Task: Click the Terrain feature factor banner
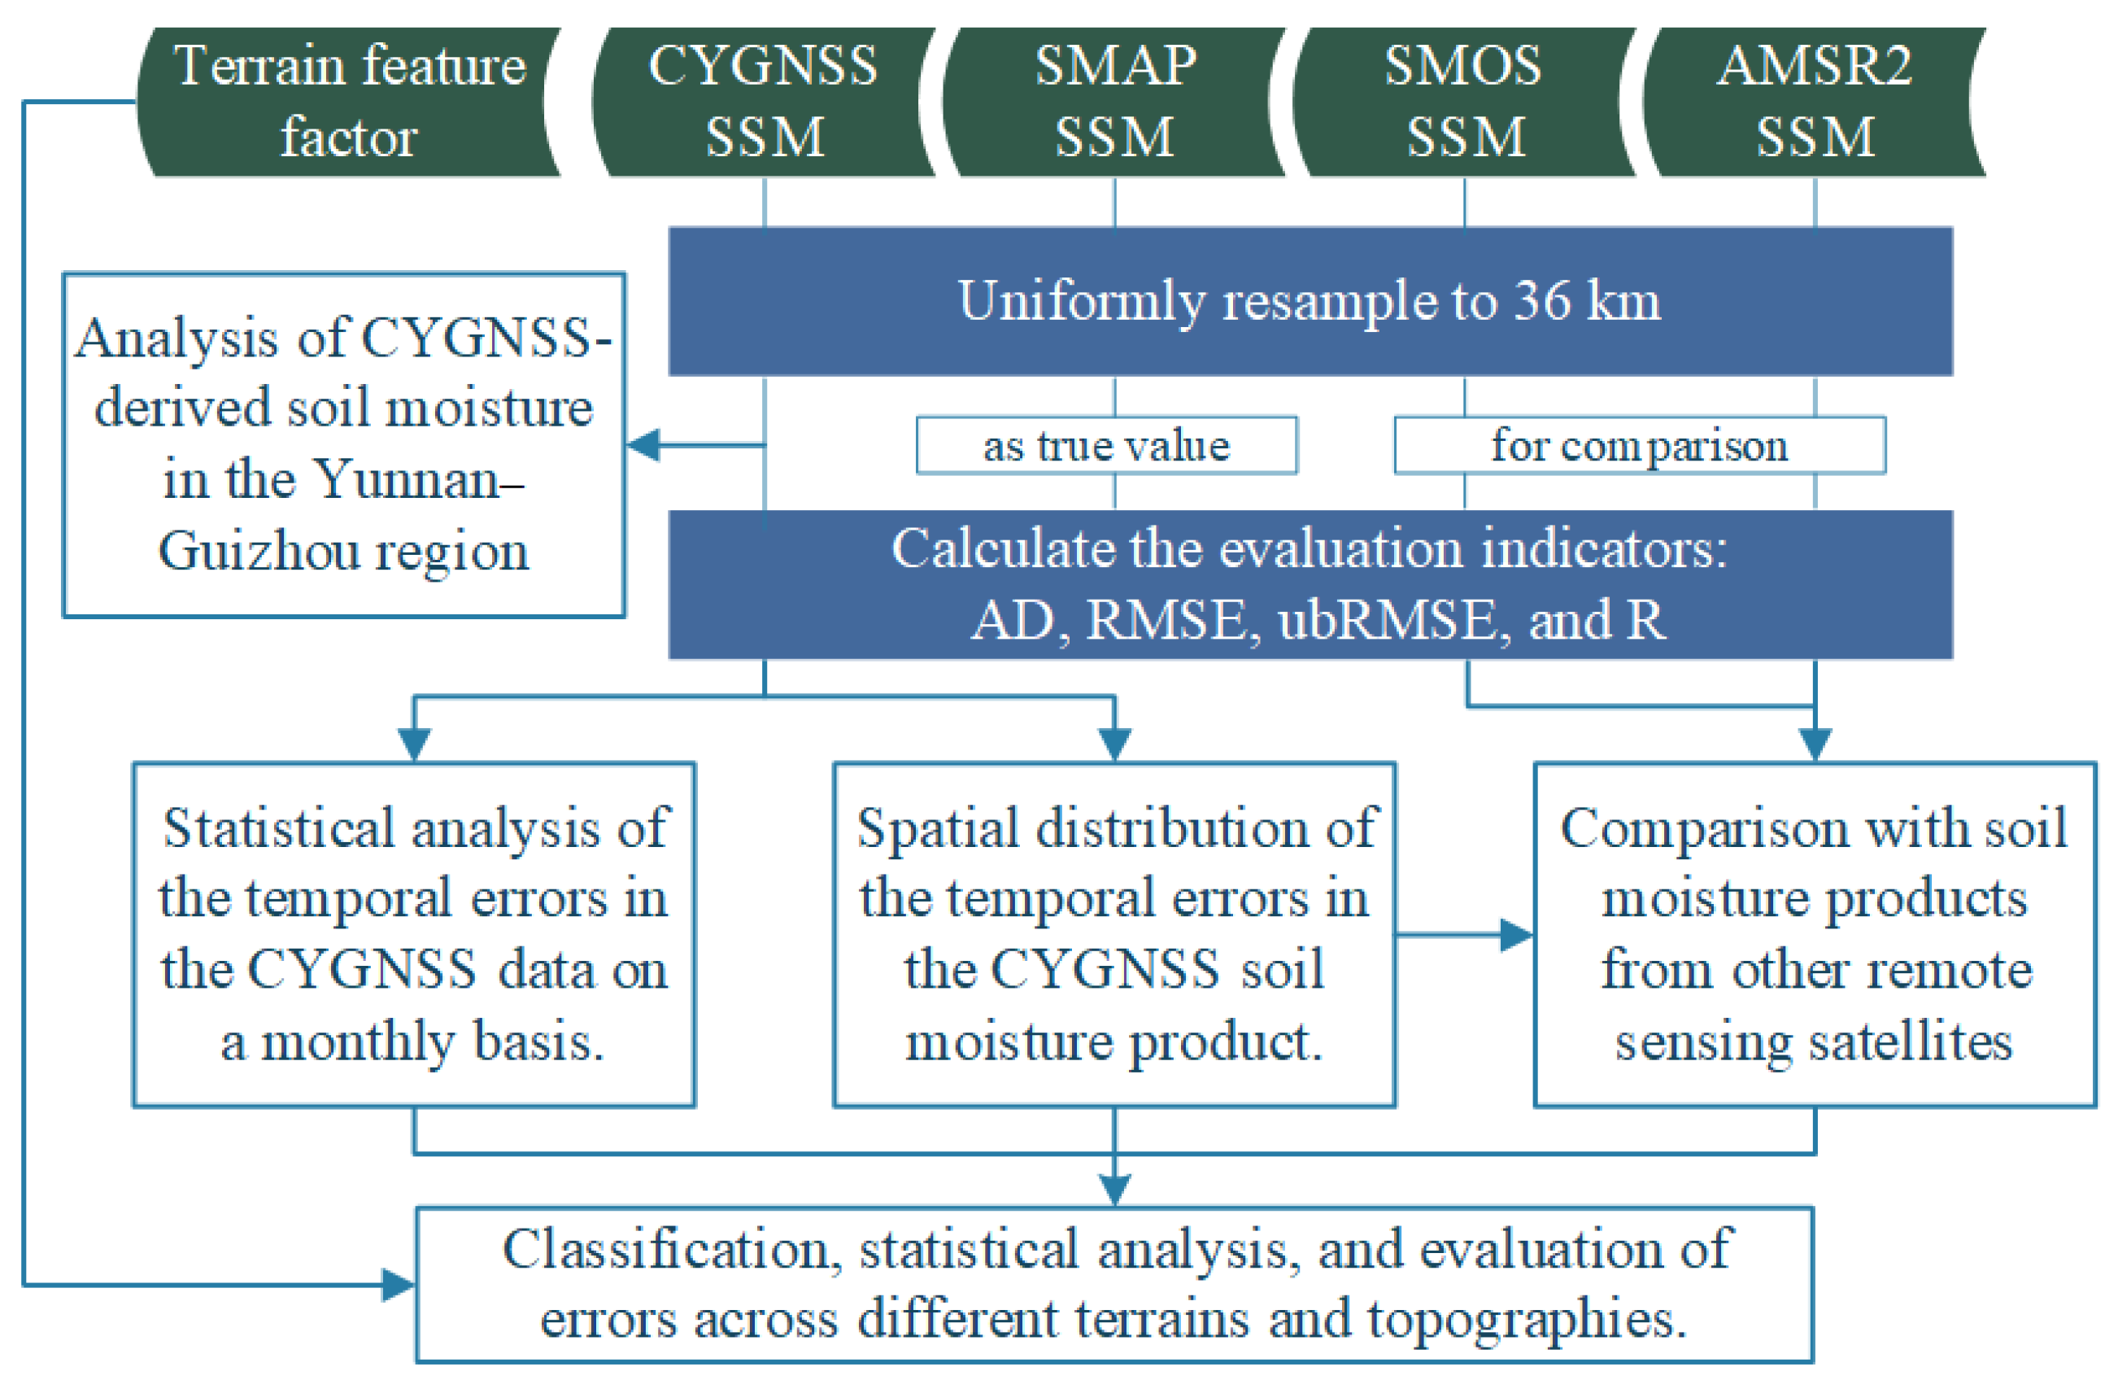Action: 349,102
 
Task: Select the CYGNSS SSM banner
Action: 764,102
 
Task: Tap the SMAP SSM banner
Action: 1114,102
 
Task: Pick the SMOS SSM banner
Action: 1464,102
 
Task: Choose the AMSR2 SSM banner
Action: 1814,102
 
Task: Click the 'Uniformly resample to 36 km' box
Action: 1310,301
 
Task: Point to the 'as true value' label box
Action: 1106,445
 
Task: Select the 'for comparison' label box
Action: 1639,445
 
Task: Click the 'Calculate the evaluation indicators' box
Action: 1310,584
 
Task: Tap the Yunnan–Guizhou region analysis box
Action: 343,444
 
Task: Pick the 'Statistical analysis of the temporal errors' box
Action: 414,934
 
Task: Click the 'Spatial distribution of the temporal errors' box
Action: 1114,934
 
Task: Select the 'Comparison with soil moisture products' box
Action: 1815,934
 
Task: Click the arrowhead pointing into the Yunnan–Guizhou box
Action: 644,444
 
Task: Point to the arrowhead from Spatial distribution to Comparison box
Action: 1516,935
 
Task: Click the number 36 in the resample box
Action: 1543,301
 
